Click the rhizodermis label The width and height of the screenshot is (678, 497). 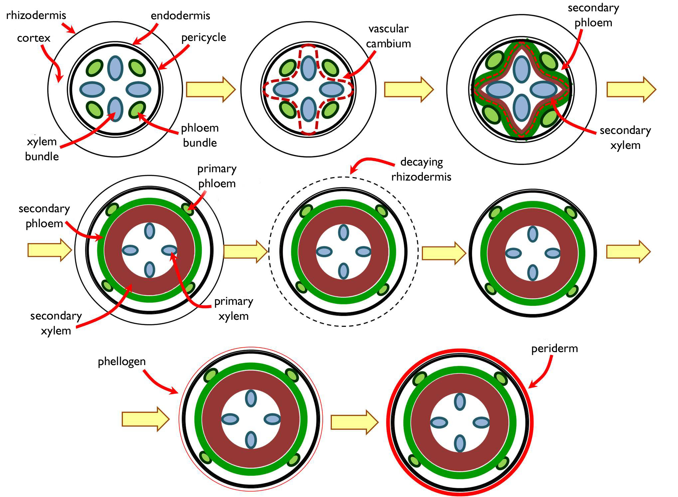(x=36, y=15)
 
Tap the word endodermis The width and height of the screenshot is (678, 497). (x=180, y=16)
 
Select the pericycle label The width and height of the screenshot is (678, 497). (x=204, y=37)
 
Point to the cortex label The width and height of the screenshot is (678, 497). (x=34, y=38)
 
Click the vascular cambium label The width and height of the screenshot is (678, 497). (x=388, y=36)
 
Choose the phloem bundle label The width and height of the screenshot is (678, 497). (x=200, y=135)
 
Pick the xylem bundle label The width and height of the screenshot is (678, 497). (x=42, y=149)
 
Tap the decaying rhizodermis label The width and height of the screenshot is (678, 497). (x=421, y=169)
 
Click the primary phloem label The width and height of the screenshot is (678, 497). (x=217, y=176)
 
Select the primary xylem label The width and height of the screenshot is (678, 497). (x=234, y=308)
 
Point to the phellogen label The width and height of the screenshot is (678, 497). (x=122, y=362)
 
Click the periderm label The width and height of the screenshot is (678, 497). (x=554, y=349)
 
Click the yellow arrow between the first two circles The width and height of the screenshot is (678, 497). (x=211, y=89)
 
